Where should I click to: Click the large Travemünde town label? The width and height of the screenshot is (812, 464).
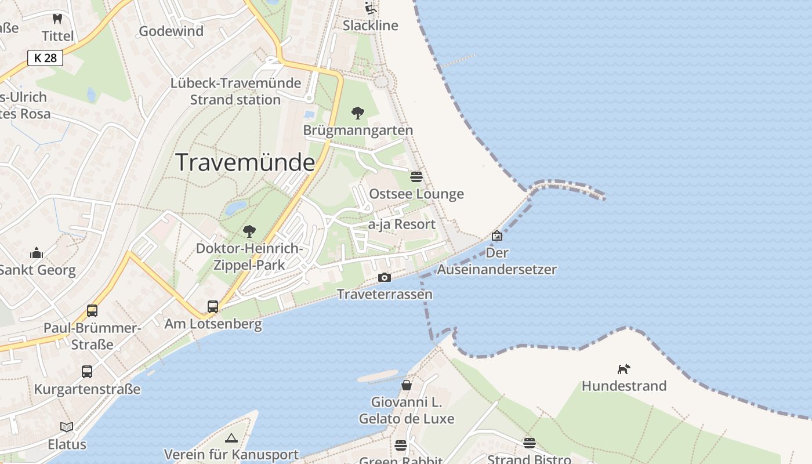[245, 162]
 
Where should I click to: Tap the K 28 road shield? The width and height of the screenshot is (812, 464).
[45, 58]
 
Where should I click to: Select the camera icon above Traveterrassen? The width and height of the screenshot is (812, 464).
[384, 278]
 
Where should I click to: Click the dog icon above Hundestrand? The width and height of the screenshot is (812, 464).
[623, 369]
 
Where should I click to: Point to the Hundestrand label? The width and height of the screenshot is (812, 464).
[623, 386]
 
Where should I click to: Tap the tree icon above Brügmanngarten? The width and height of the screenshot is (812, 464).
[358, 113]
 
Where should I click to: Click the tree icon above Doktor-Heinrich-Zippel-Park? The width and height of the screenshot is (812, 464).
[249, 231]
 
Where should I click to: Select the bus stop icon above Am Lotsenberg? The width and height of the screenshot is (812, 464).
[213, 307]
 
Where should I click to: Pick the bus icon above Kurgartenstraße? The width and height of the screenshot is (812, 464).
[87, 372]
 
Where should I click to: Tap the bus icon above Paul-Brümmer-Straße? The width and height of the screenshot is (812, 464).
[92, 311]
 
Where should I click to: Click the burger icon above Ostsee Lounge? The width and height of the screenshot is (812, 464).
[416, 176]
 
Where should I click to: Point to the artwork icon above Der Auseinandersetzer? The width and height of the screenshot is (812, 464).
[497, 235]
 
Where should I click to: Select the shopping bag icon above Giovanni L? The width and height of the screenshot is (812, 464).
[407, 385]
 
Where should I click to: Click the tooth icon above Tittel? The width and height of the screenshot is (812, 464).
[57, 19]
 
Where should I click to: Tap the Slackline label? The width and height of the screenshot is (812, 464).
[370, 26]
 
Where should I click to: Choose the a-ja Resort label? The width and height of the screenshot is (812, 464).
[402, 224]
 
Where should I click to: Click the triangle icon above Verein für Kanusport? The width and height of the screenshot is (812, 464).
[231, 438]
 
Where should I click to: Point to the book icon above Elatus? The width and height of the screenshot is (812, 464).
[67, 427]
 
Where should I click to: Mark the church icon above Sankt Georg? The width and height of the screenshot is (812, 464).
[37, 253]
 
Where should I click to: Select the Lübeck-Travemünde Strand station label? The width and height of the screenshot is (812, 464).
[235, 91]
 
